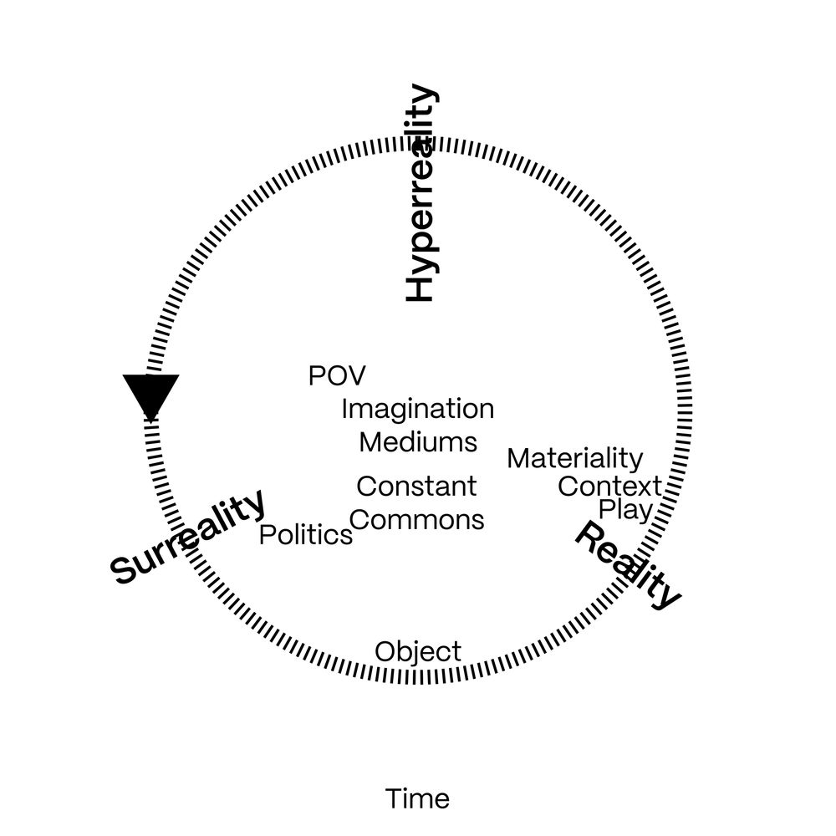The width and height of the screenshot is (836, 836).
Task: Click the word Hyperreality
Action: click(421, 192)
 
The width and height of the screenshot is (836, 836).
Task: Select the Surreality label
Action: click(187, 537)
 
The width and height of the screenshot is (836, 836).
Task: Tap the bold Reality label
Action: click(628, 566)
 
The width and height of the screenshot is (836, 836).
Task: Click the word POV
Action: click(337, 376)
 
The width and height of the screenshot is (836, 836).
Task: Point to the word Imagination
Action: click(418, 410)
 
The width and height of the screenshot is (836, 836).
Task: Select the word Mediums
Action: click(418, 442)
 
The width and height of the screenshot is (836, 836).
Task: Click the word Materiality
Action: click(575, 459)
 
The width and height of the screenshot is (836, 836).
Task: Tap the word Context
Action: click(610, 487)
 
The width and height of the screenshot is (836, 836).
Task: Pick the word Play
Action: click(625, 510)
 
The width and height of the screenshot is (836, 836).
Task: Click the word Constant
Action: click(416, 487)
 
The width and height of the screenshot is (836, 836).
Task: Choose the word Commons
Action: click(416, 520)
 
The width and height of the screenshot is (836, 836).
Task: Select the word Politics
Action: click(305, 535)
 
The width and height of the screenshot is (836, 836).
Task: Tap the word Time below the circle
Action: click(417, 799)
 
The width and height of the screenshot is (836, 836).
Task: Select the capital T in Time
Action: click(395, 799)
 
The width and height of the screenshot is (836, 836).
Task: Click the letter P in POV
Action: click(316, 376)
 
